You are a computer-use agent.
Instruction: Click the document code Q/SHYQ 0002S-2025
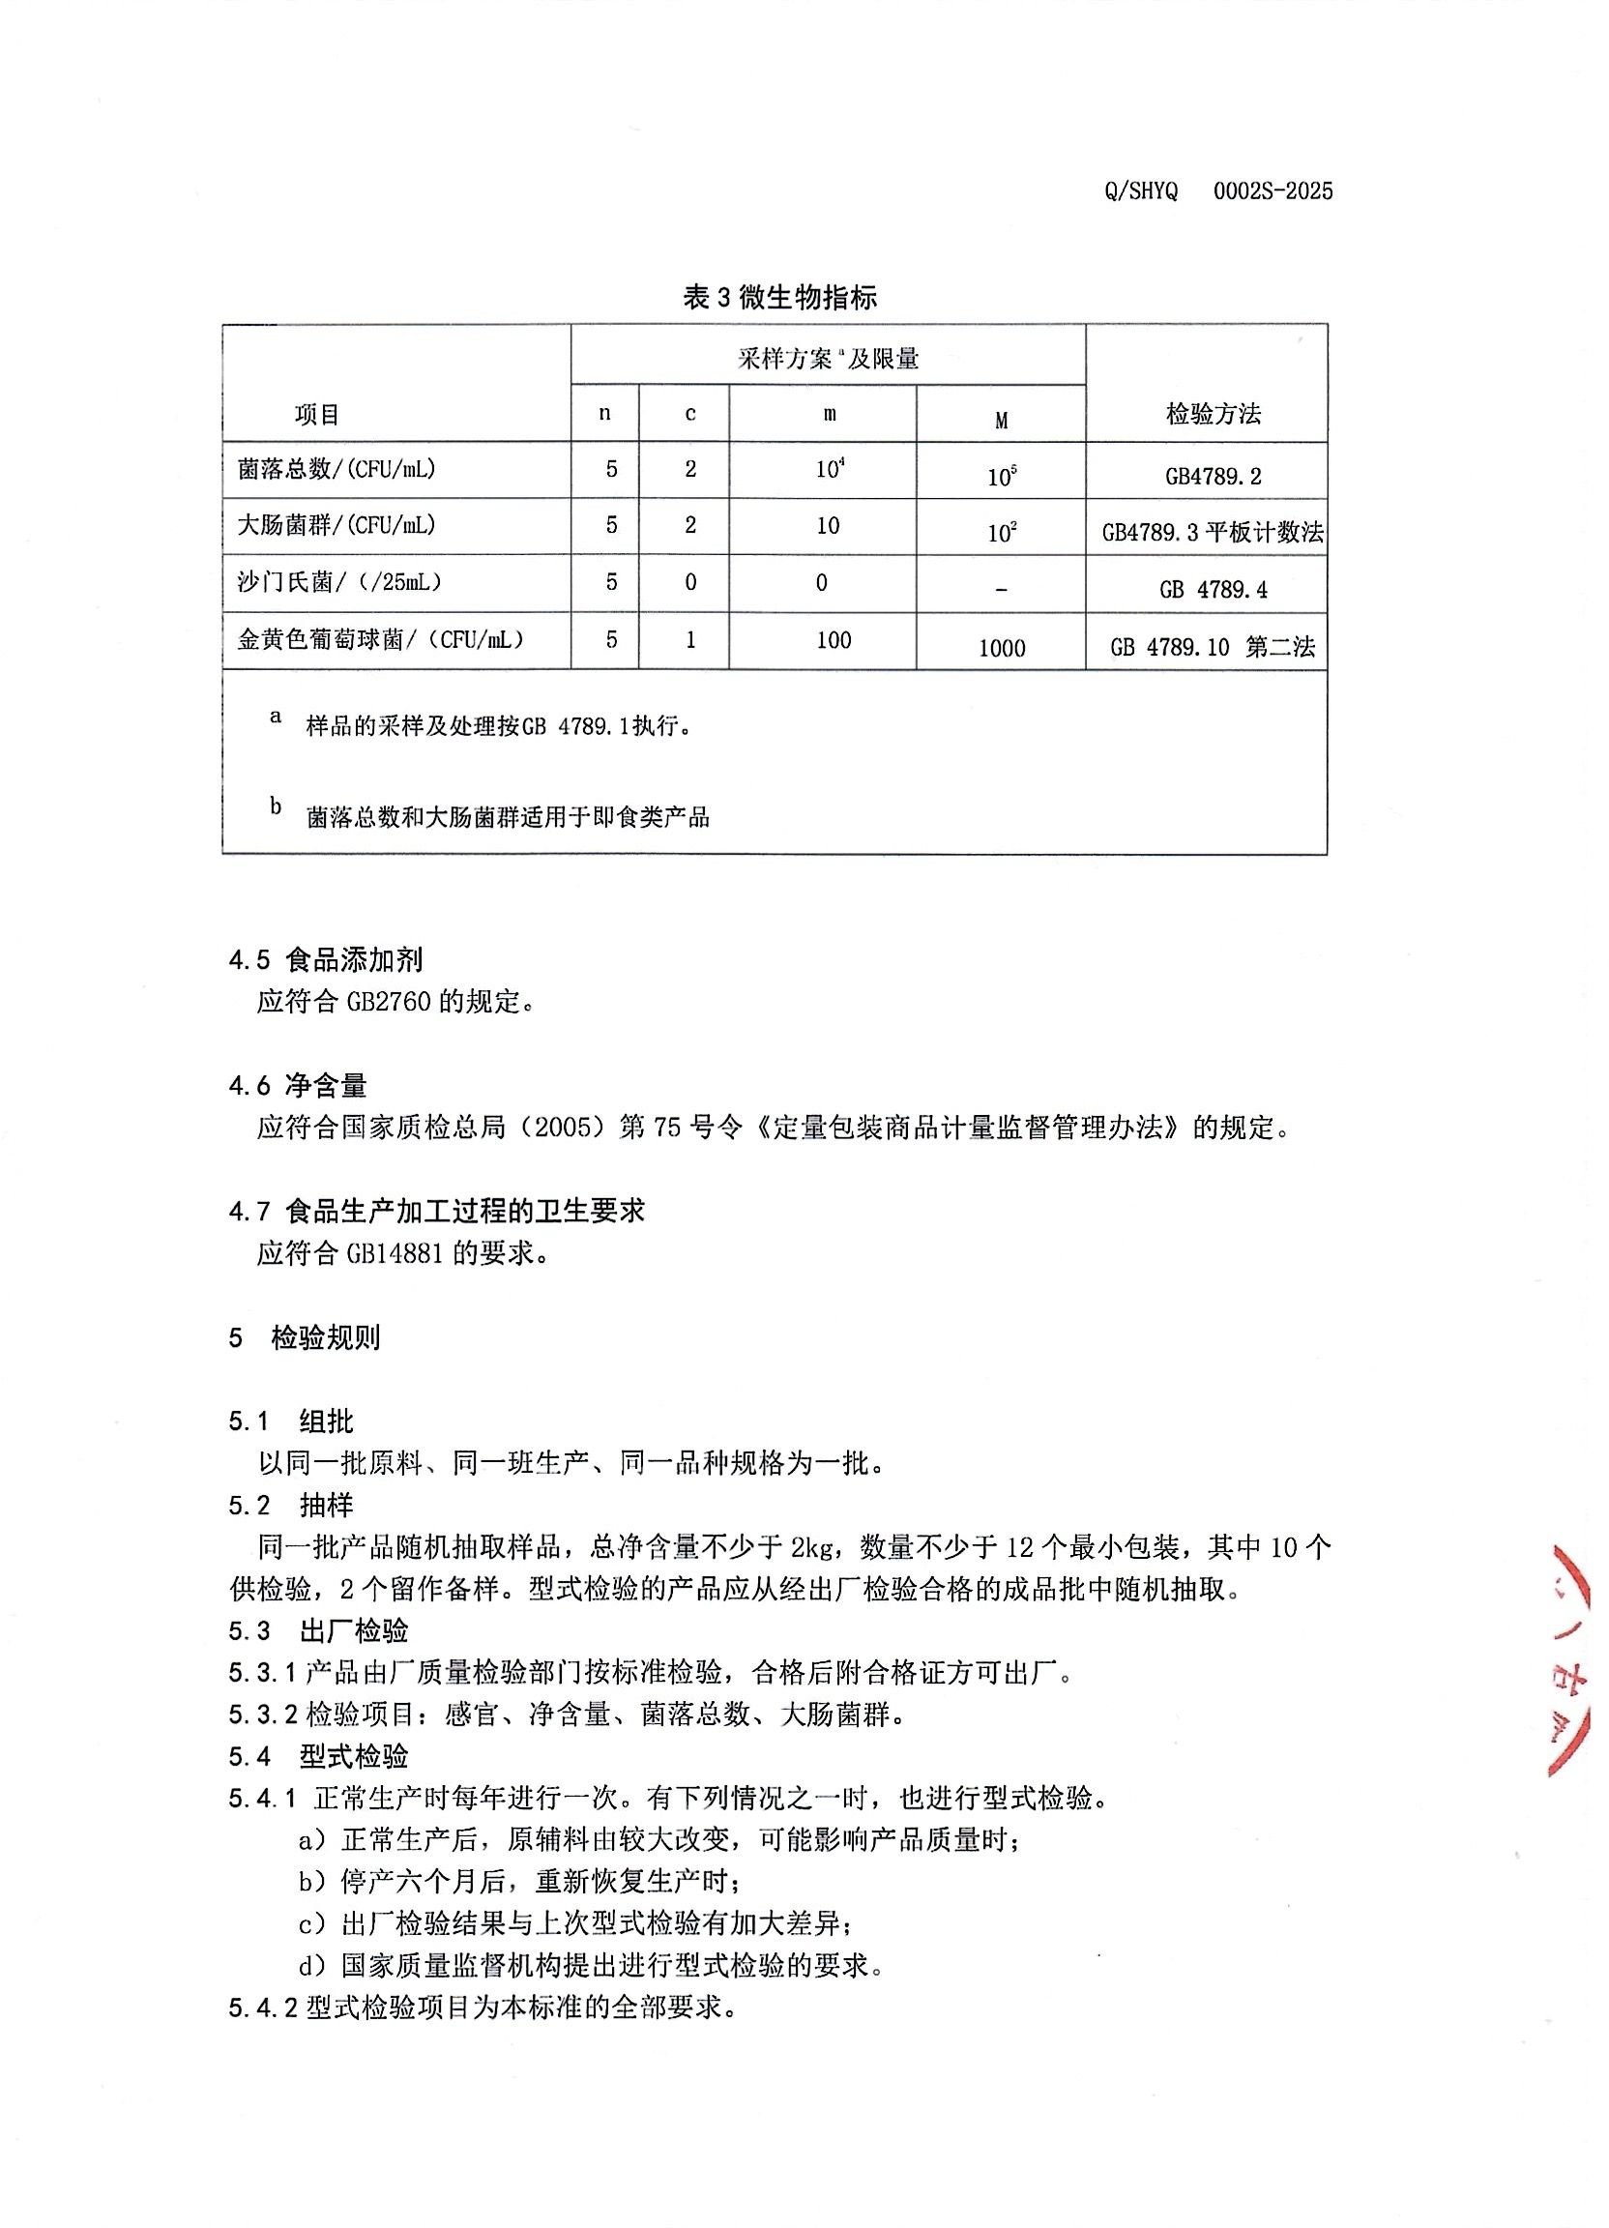[1218, 191]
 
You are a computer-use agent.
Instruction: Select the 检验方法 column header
[1213, 414]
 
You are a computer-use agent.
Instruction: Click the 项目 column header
[316, 415]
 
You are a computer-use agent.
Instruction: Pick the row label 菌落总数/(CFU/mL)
[336, 469]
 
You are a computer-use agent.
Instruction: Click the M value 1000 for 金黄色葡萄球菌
[1001, 648]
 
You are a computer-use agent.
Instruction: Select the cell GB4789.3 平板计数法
[1213, 533]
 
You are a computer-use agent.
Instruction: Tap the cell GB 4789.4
[1213, 590]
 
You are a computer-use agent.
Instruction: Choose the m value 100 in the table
[833, 640]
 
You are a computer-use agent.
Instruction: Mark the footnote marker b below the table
[276, 806]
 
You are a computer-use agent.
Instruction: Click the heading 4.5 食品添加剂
[325, 960]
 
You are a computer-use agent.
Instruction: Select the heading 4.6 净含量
[298, 1086]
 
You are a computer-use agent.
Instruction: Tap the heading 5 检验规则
[305, 1338]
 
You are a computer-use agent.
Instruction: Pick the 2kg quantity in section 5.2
[811, 1548]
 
